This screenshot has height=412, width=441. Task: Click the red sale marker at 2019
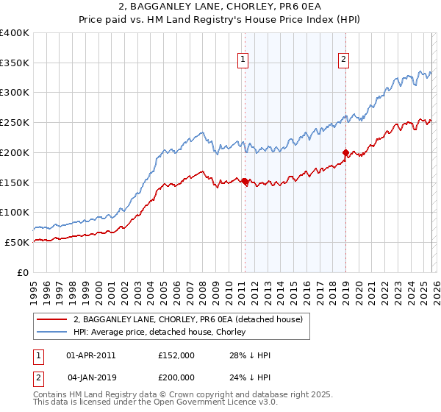click(345, 152)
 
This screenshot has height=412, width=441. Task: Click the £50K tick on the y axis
click(18, 242)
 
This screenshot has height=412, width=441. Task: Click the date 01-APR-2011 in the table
click(90, 355)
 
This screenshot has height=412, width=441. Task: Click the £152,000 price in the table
click(176, 355)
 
